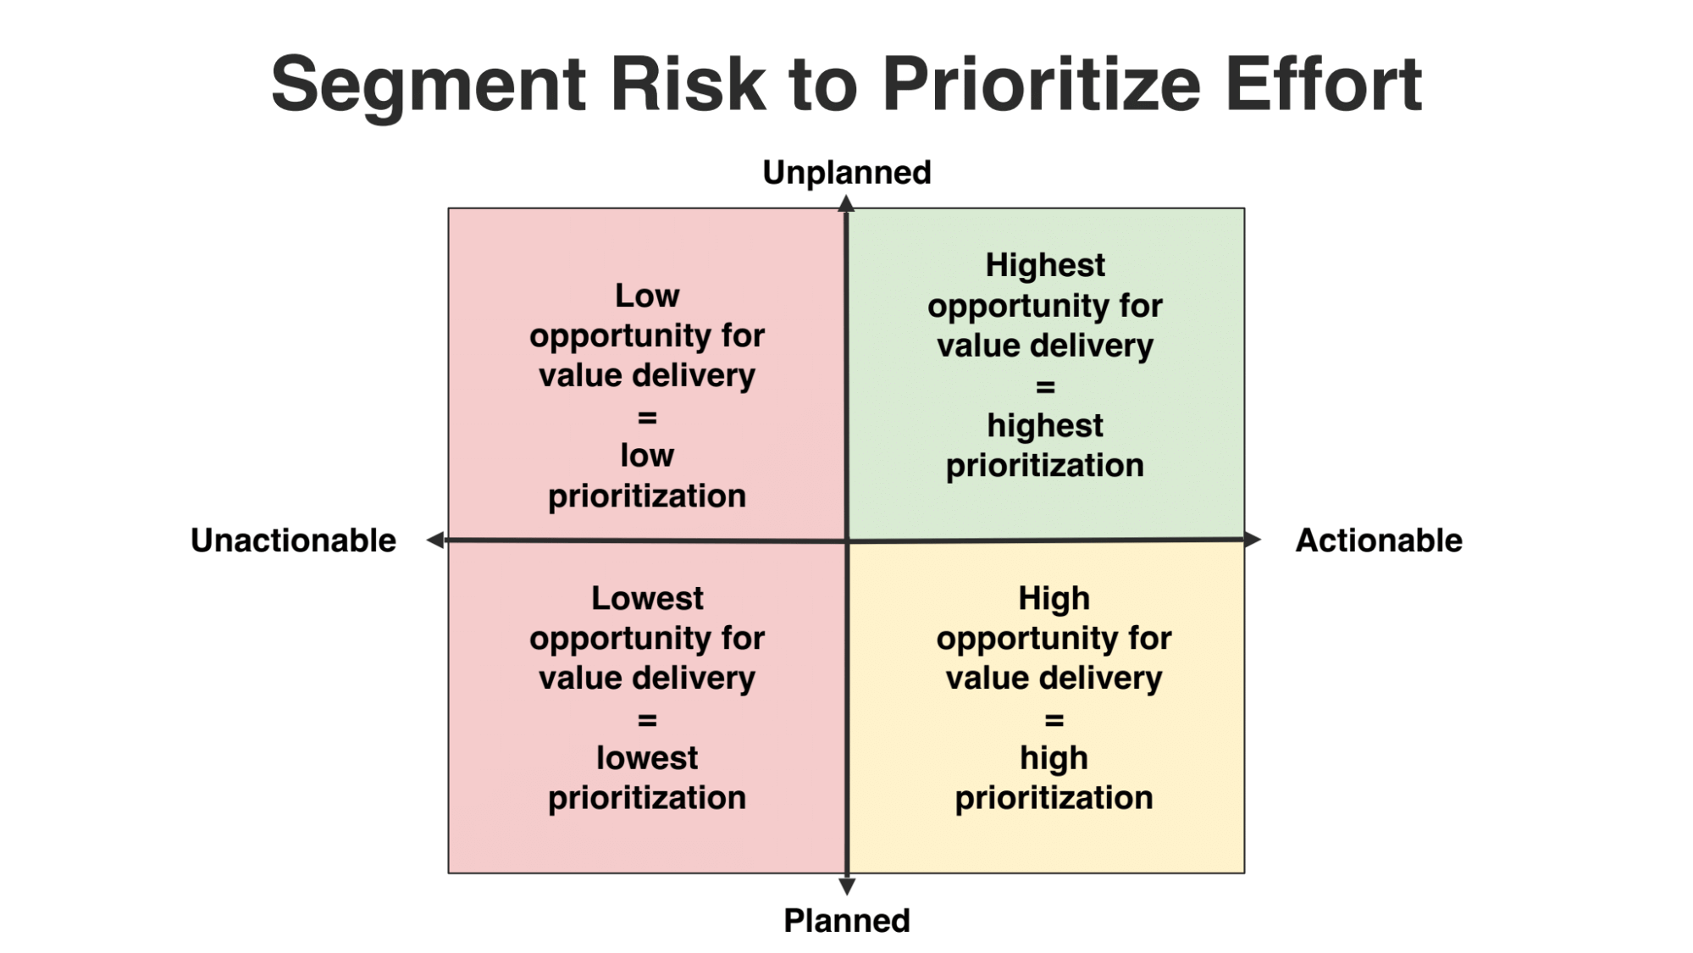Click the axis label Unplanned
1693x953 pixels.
pyautogui.click(x=846, y=173)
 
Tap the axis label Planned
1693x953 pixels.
pyautogui.click(x=846, y=921)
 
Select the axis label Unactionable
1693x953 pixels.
pyautogui.click(x=293, y=540)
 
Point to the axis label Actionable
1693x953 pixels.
pyautogui.click(x=1379, y=540)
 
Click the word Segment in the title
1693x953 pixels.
pyautogui.click(x=429, y=84)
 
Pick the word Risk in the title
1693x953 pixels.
pyautogui.click(x=688, y=84)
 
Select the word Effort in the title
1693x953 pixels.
pyautogui.click(x=1323, y=84)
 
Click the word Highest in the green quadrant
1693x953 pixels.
pyautogui.click(x=1045, y=265)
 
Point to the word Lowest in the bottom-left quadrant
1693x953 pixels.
pyautogui.click(x=647, y=598)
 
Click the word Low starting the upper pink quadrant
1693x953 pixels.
pyautogui.click(x=647, y=296)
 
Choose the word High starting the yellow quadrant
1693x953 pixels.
pyautogui.click(x=1054, y=598)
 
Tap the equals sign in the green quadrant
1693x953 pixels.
pyautogui.click(x=1045, y=387)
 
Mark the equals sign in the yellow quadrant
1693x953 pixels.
pyautogui.click(x=1054, y=720)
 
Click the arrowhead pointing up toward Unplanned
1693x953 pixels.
pyautogui.click(x=846, y=203)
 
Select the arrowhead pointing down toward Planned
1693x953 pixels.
pyautogui.click(x=846, y=887)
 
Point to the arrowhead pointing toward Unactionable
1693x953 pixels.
pyautogui.click(x=435, y=540)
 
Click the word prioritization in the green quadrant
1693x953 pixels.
pyautogui.click(x=1045, y=466)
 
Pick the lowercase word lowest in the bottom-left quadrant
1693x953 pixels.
pyautogui.click(x=647, y=758)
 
